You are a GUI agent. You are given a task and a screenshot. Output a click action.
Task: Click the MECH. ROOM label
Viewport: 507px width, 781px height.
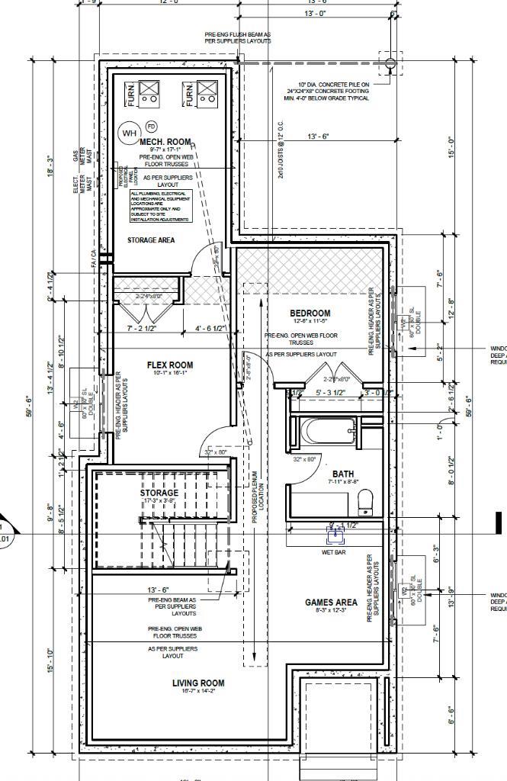pos(165,142)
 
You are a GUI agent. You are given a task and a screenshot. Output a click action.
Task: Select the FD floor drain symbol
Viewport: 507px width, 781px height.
pos(151,126)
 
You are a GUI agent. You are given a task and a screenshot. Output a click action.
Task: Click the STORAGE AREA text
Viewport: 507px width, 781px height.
pos(150,240)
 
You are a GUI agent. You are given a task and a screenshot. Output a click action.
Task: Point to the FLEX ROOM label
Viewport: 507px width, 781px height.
pos(169,365)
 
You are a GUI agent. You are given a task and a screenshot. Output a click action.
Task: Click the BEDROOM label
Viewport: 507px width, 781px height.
pos(310,313)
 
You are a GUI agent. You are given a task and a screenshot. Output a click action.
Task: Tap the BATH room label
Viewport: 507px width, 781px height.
pos(343,474)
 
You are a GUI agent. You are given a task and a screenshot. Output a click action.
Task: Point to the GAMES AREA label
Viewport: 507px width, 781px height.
pos(331,603)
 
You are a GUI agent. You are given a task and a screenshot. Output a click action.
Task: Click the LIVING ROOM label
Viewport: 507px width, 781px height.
pos(197,683)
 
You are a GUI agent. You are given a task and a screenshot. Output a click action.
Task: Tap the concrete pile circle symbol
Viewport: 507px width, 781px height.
pos(390,63)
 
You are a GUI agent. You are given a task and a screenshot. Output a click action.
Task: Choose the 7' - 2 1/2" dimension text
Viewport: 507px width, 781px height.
pos(141,328)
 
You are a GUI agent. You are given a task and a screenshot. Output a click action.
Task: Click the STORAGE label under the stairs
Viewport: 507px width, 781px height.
pos(159,493)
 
